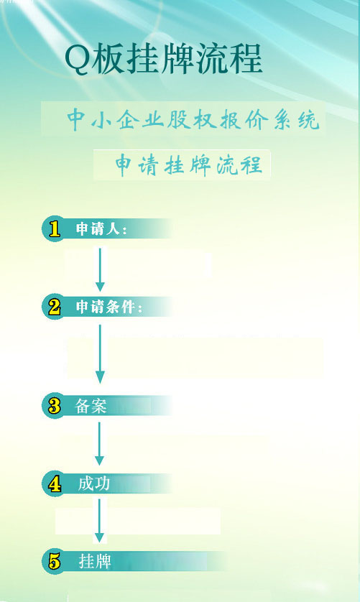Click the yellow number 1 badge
(55, 229)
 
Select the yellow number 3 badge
(55, 406)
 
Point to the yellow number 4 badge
(55, 483)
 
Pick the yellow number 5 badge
(55, 562)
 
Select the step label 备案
(91, 406)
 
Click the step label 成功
(93, 483)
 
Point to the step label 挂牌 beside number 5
(95, 562)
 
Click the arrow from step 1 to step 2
(100, 270)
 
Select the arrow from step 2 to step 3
(100, 354)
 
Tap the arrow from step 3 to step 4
(99, 444)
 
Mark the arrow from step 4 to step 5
(99, 521)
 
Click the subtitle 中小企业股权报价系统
(193, 120)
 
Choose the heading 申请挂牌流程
(189, 165)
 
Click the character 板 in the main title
(109, 60)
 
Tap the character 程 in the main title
(246, 59)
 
